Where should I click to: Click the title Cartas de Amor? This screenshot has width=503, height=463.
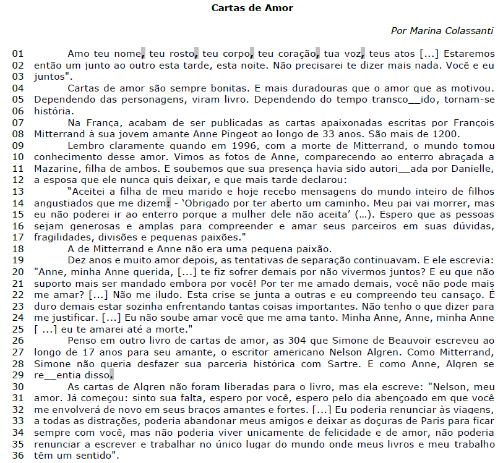[x=252, y=8]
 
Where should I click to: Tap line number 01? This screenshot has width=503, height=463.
[x=18, y=53]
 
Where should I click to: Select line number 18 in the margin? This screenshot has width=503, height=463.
[x=18, y=248]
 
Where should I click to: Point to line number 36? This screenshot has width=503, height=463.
[x=18, y=456]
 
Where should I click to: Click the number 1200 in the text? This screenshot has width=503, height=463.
[x=445, y=134]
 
